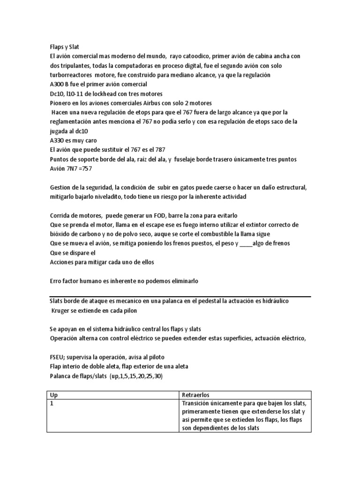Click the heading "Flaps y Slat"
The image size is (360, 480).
(x=65, y=47)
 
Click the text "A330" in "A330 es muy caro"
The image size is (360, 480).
(x=57, y=140)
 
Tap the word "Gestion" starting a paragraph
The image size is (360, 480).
(x=61, y=187)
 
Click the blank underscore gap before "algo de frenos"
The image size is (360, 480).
(x=245, y=243)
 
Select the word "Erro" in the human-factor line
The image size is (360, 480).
(x=56, y=281)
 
